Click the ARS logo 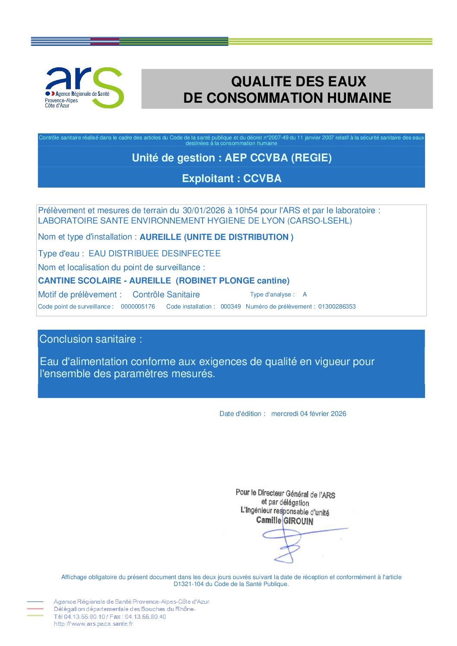85,88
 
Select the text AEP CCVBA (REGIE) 278,158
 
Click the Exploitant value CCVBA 262,179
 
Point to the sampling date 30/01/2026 203,211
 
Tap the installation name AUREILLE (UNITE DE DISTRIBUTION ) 216,237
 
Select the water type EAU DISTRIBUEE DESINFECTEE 155,253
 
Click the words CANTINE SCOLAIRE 79,280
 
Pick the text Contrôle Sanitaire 166,295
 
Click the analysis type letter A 305,294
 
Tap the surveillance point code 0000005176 138,306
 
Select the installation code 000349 231,306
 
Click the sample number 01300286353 337,306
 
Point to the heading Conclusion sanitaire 90,339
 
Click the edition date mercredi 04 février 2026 308,414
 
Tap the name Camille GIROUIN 285,520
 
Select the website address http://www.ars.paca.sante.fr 93,624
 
